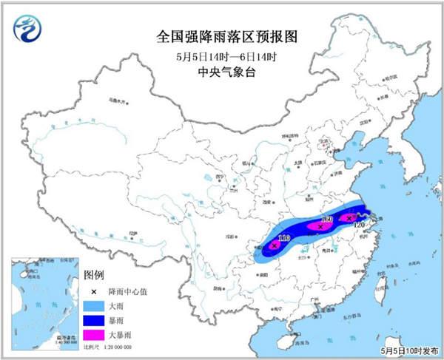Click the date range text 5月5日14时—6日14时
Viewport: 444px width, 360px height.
[221, 55]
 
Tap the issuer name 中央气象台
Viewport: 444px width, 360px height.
[221, 72]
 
